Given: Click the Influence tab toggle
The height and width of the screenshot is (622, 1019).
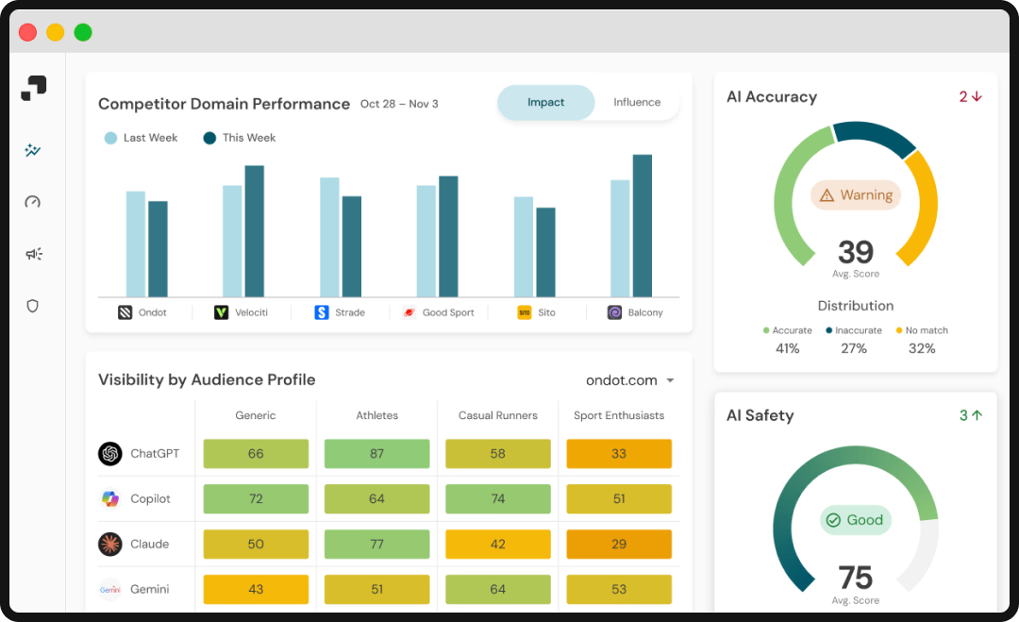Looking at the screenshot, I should pos(637,103).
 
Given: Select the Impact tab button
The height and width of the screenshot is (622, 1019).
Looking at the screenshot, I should pos(545,103).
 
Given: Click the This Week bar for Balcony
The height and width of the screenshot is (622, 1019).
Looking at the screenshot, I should pos(643,227).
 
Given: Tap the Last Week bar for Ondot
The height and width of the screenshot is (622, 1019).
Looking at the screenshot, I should pos(136,244).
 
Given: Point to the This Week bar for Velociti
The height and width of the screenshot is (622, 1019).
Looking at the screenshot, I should pos(255,231).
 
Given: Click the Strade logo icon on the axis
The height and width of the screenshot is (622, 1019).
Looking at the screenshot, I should pos(322,312).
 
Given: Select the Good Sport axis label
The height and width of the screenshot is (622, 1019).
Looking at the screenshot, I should pos(448,312).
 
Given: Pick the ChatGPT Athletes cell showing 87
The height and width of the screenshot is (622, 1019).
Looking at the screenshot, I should pos(376,454).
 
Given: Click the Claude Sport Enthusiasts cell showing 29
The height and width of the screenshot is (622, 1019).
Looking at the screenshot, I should pos(619,545).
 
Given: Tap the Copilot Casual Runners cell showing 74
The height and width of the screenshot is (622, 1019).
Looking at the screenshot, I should pos(498,499).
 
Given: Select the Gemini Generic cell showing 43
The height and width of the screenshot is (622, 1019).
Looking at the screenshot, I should pos(256,590).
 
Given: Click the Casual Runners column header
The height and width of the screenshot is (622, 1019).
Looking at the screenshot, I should pos(498,415).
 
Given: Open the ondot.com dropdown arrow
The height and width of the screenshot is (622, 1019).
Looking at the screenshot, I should pos(671,381).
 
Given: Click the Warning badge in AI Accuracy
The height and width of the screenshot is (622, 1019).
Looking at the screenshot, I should pos(856,195).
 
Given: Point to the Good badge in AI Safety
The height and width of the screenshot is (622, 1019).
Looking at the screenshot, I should pos(855,520).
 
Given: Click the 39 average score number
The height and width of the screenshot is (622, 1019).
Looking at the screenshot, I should pos(856,252).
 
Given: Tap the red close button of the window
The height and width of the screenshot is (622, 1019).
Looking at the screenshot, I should pos(28,32).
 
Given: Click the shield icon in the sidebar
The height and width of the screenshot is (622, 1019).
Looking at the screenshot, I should pos(33,306).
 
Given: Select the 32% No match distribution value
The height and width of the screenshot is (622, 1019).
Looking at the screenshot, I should pos(922,348).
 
